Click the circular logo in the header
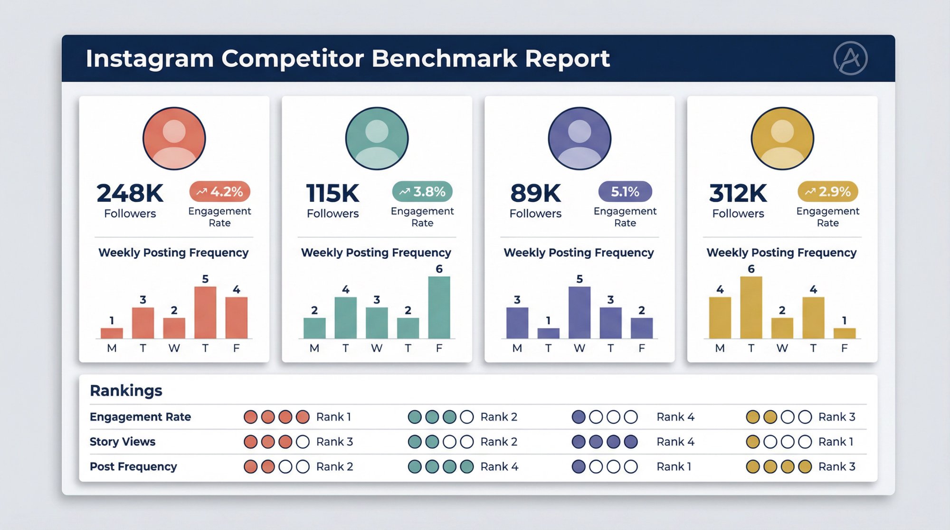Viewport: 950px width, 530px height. pos(850,58)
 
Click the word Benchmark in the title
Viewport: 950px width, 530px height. pos(444,59)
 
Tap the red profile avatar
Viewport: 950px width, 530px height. pos(174,138)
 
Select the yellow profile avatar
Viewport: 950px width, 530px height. pos(782,138)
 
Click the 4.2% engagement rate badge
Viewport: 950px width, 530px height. pos(220,192)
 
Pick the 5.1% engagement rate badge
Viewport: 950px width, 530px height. pos(625,192)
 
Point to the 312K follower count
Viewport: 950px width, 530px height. pos(738,193)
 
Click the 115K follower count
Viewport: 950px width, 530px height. pos(332,193)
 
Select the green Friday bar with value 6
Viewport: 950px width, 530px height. pos(439,307)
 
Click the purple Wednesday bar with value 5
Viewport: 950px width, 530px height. pos(579,312)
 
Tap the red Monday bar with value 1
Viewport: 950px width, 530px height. pos(112,333)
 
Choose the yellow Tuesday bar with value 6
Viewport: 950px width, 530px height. pos(751,307)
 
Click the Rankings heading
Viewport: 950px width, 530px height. pos(126,390)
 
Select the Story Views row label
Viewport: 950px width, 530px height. pos(123,442)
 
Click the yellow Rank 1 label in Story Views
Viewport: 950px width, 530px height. pos(836,442)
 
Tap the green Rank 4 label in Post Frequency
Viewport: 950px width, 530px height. pos(499,467)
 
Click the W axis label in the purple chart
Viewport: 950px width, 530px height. pos(579,348)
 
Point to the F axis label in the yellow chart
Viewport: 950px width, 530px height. pos(844,348)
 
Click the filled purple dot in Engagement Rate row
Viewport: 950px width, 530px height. pos(579,417)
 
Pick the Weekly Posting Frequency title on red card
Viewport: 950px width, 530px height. pos(173,253)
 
